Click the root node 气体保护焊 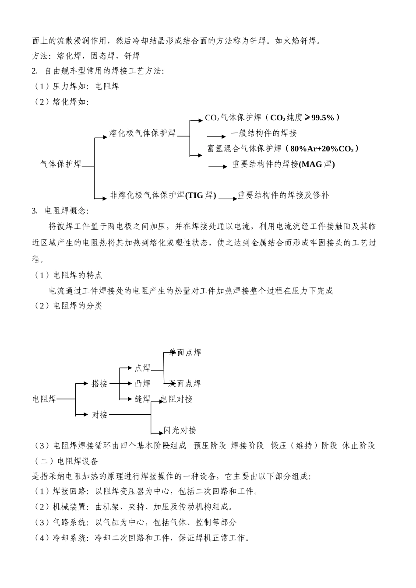61,164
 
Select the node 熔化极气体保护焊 142,133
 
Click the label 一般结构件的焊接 264,133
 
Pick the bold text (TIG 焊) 201,196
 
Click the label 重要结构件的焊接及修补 283,196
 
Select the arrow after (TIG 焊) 228,198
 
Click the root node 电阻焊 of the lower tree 45,399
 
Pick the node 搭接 99,384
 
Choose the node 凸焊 142,384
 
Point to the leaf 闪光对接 180,430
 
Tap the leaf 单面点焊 186,353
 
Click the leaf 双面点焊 185,384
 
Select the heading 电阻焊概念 67,211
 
